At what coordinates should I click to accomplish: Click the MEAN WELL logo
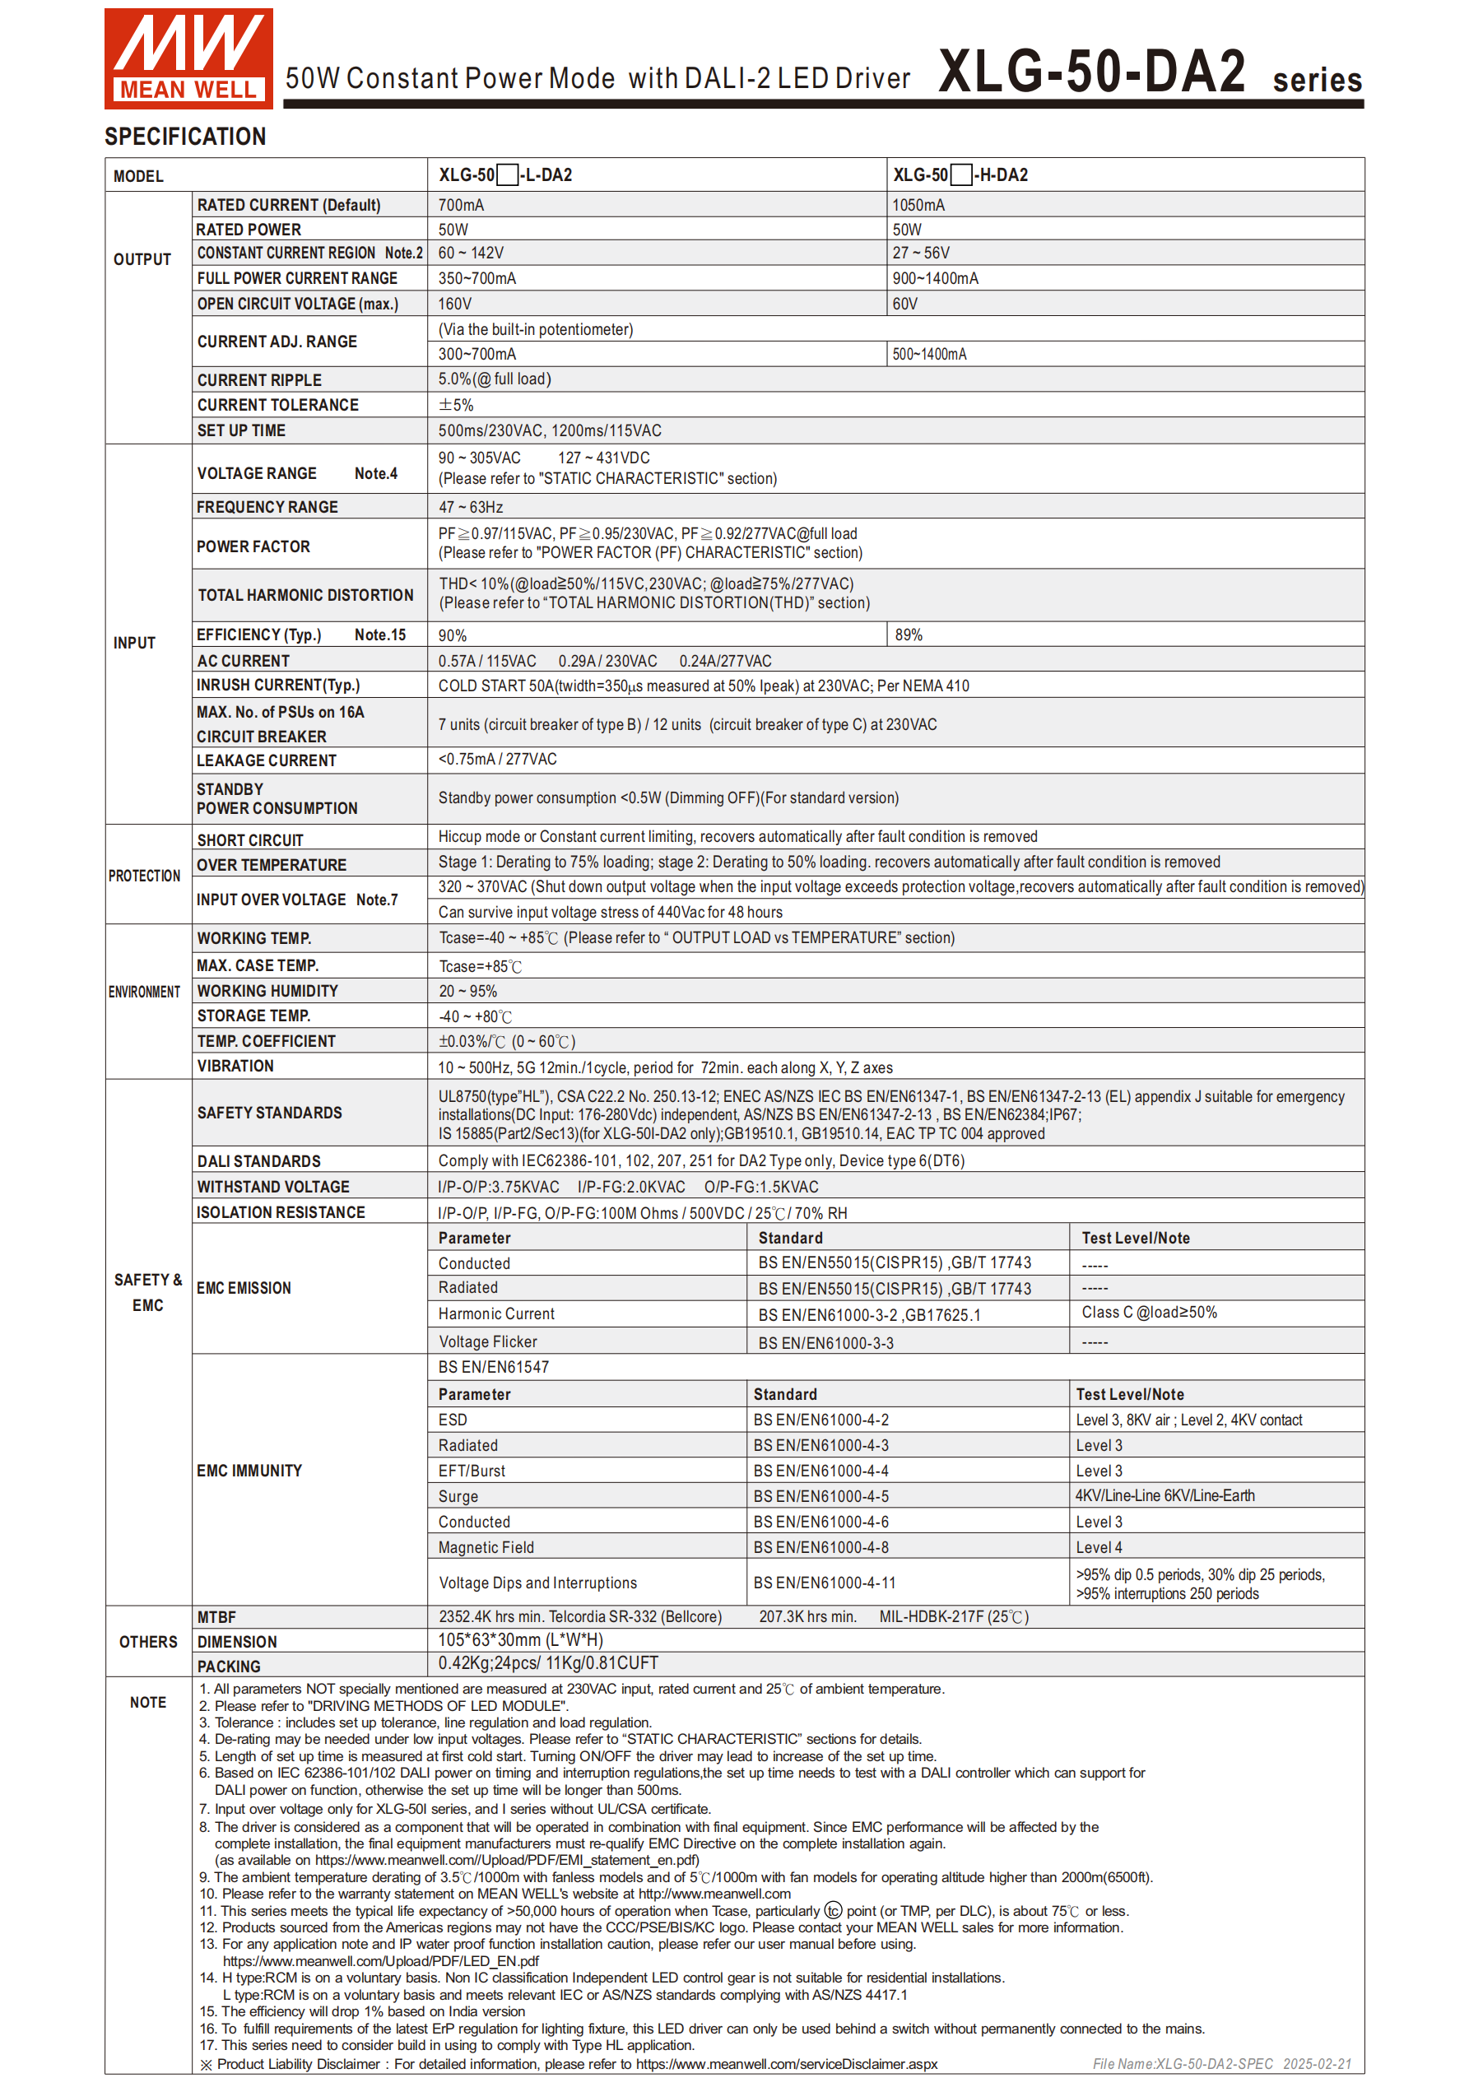(x=188, y=58)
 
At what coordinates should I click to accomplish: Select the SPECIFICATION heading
(x=185, y=137)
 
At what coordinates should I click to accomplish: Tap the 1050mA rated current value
(x=918, y=206)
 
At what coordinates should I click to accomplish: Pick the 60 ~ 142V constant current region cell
(x=471, y=253)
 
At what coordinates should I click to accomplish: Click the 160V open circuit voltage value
(x=454, y=304)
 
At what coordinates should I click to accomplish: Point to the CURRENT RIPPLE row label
(x=259, y=380)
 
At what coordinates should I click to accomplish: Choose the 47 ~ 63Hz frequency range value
(x=471, y=508)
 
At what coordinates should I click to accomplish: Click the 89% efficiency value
(x=909, y=635)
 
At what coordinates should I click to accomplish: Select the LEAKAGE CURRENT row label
(x=266, y=761)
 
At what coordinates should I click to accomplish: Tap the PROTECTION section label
(x=145, y=876)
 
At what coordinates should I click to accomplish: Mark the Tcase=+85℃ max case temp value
(x=481, y=967)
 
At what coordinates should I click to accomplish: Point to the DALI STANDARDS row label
(x=259, y=1161)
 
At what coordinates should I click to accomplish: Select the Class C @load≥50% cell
(x=1149, y=1313)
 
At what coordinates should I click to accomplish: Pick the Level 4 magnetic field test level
(x=1099, y=1548)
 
